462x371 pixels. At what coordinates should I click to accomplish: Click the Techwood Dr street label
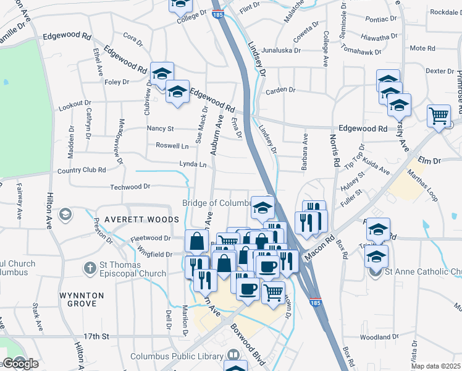130,186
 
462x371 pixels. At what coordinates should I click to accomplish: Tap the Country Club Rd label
81,170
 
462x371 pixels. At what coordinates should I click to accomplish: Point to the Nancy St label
160,129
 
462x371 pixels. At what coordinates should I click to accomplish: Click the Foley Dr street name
117,82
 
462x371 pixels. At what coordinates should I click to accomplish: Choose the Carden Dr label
280,90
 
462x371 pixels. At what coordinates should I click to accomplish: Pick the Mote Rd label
422,48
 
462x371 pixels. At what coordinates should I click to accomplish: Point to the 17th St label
96,336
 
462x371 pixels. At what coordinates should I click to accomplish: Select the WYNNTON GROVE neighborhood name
82,300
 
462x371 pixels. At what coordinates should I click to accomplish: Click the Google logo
20,364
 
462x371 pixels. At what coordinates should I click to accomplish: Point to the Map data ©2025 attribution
436,366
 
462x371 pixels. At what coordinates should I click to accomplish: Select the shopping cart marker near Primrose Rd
438,115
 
